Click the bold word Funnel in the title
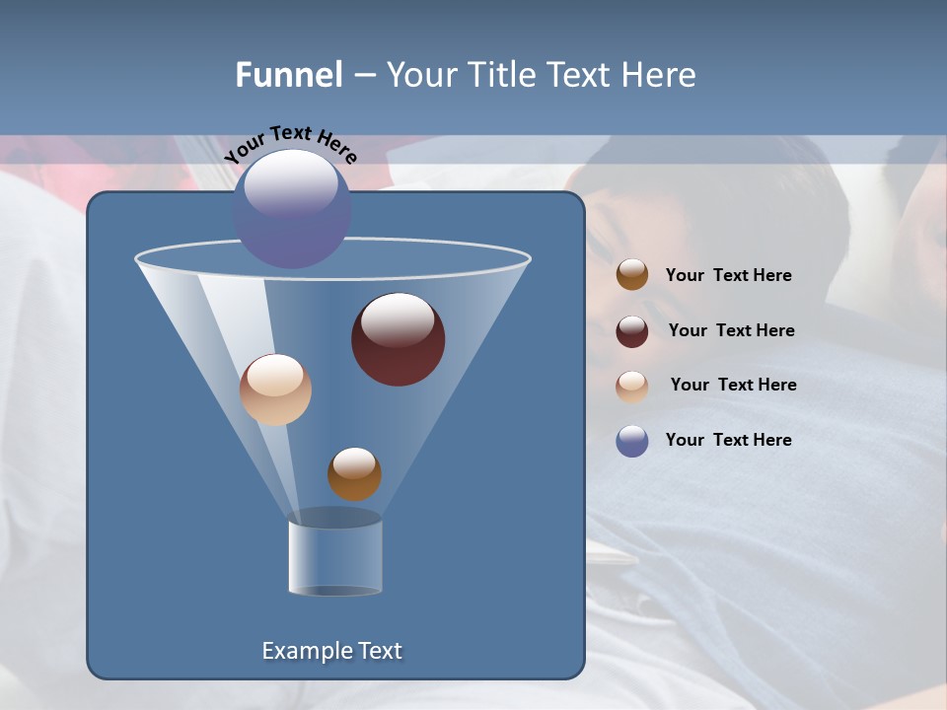[288, 75]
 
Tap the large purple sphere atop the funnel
[292, 208]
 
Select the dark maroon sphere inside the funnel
[398, 338]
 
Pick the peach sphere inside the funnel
[275, 390]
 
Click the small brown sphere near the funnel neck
[354, 473]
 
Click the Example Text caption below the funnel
[331, 651]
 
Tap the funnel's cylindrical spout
[334, 554]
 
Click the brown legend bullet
[632, 275]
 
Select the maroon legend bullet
[632, 331]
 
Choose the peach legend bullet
[632, 386]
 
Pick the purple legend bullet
[632, 441]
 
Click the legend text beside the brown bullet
[728, 276]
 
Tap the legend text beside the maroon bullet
[731, 330]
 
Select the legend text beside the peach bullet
[733, 385]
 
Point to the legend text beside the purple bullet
[728, 440]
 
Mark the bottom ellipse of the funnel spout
[334, 591]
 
